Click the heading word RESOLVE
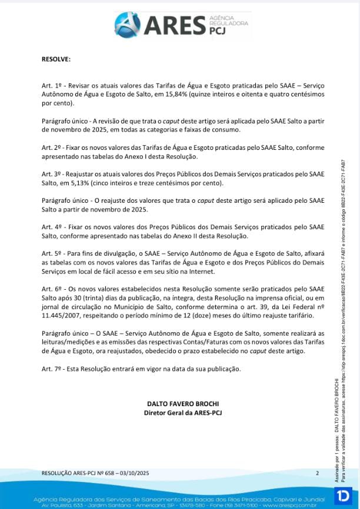[56, 59]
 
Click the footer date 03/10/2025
[134, 473]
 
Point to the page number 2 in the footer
[317, 473]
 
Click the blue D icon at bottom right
[342, 495]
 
